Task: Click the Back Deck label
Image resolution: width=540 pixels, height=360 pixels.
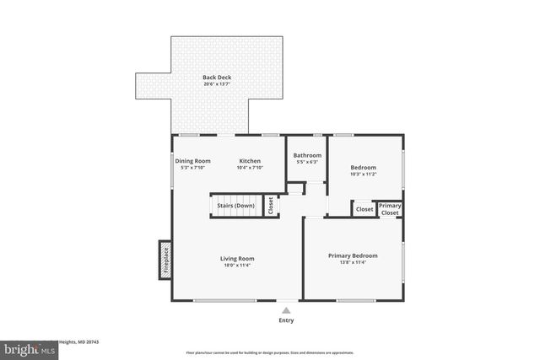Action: (217, 77)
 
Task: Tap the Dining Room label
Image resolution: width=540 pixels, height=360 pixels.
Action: (192, 161)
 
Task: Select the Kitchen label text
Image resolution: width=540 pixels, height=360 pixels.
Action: (250, 161)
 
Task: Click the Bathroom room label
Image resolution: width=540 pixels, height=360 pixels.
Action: (307, 155)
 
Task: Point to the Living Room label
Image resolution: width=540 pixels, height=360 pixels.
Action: (237, 259)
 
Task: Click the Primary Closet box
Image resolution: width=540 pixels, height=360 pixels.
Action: (390, 209)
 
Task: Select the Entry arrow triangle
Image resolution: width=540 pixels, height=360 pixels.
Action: (286, 310)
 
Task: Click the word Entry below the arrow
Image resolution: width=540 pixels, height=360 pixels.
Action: (286, 320)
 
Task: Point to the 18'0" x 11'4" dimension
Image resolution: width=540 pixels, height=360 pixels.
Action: (237, 266)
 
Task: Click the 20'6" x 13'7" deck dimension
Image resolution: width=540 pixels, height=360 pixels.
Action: (217, 84)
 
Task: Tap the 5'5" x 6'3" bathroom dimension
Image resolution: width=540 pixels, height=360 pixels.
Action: (307, 162)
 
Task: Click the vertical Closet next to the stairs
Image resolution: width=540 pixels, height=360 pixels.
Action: (271, 205)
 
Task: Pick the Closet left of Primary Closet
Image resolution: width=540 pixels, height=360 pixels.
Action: (364, 209)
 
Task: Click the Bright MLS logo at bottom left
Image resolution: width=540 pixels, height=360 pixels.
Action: (25, 348)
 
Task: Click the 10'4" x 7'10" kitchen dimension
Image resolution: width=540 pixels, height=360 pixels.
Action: (250, 168)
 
